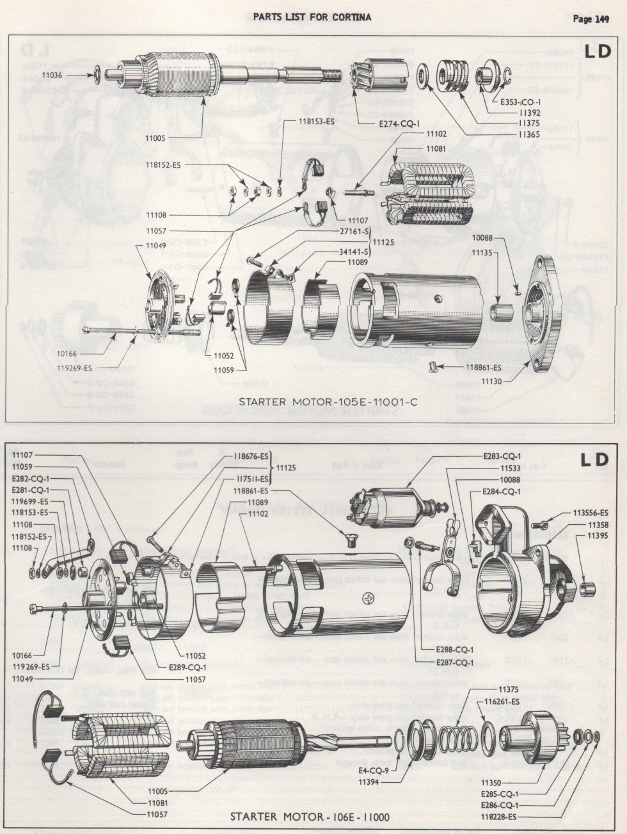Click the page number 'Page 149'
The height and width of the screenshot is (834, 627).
590,18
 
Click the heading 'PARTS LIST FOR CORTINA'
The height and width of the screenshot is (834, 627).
312,17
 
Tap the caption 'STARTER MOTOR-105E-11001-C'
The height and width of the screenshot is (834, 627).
328,402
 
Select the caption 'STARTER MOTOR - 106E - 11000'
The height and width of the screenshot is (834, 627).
310,817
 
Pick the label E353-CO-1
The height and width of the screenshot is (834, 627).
522,102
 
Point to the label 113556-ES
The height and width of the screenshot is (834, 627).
589,513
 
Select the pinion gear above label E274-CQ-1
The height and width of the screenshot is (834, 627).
380,76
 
